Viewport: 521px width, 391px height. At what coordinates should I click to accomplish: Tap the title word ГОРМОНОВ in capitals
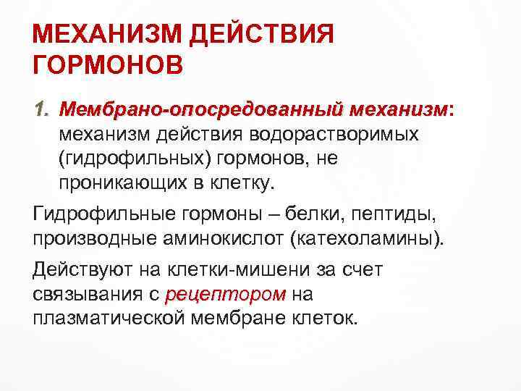[109, 67]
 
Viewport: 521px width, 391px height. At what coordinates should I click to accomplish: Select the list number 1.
[42, 109]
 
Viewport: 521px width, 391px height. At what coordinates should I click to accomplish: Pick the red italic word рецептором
[226, 295]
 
